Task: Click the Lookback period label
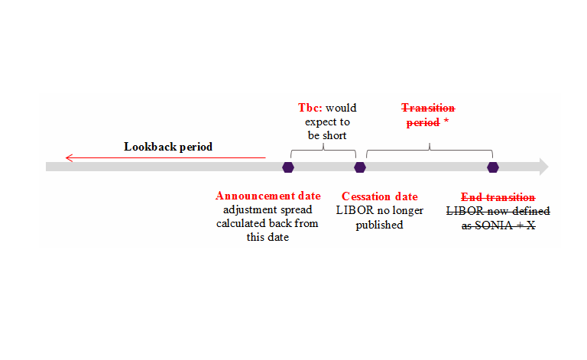[x=168, y=146]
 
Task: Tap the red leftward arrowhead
[x=69, y=158]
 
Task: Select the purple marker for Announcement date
[x=288, y=167]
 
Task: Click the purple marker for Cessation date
[x=360, y=167]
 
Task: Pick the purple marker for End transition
[x=493, y=167]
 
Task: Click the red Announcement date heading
[x=268, y=196]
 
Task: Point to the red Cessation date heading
[x=380, y=196]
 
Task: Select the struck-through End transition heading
[x=498, y=196]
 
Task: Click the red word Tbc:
[x=310, y=108]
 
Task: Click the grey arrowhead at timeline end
[x=543, y=167]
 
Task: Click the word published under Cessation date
[x=379, y=225]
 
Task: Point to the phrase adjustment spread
[x=268, y=209]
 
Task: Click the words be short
[x=326, y=135]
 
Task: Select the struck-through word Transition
[x=429, y=108]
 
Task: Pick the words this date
[x=268, y=237]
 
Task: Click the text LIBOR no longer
[x=380, y=210]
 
